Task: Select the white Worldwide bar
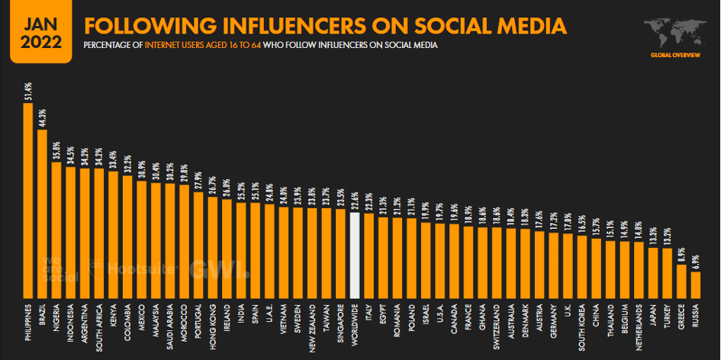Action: (354, 255)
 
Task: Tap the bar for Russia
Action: (695, 284)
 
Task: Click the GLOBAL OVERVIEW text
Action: (674, 56)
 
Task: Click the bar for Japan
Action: (653, 272)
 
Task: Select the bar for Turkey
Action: (667, 273)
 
